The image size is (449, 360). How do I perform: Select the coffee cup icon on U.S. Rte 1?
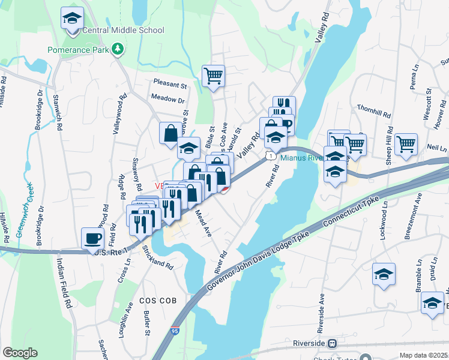coord(92,238)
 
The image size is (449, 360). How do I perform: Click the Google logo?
coord(20,353)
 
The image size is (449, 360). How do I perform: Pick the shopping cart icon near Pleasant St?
coord(213,76)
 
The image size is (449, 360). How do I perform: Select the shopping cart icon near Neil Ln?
coord(406,145)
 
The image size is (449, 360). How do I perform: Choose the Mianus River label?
coord(303,158)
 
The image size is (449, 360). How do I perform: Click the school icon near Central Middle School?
coord(72,18)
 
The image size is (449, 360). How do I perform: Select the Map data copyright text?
coord(423,355)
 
